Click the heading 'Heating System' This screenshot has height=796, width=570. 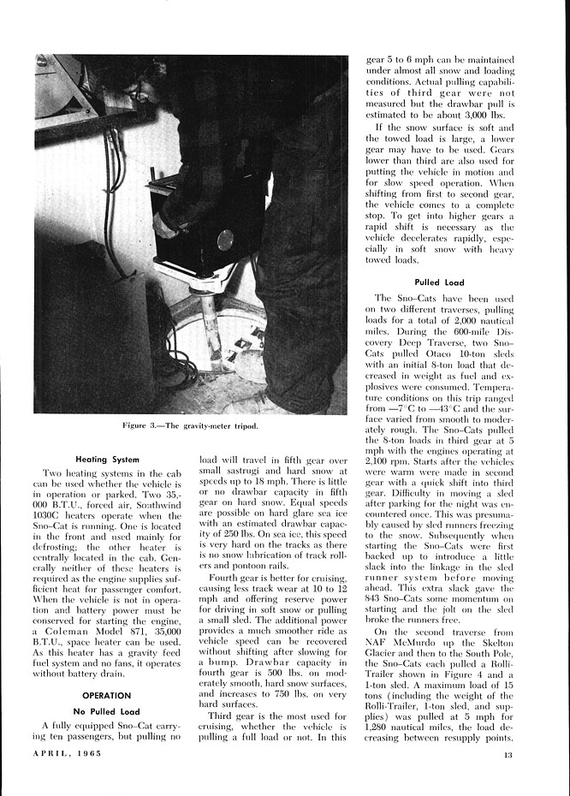(108, 459)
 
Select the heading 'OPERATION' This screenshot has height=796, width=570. (107, 696)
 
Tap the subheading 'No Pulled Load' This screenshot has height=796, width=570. (107, 712)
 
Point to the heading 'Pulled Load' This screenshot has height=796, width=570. (439, 282)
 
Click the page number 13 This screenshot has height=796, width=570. (508, 754)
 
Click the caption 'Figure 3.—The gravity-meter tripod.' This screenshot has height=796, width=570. (190, 425)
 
